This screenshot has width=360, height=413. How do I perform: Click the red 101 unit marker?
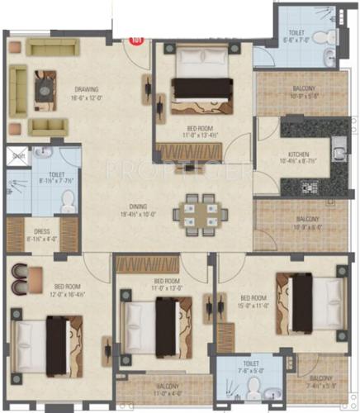137,36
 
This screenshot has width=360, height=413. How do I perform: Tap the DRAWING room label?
87,89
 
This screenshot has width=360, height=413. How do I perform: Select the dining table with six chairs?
197,212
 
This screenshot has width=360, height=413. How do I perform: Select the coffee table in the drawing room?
45,83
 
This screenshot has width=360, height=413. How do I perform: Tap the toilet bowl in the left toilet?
68,199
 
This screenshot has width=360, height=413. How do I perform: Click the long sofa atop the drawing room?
53,46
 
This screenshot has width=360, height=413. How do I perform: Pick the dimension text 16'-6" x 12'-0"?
87,97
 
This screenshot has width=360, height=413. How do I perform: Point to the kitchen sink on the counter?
337,151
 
